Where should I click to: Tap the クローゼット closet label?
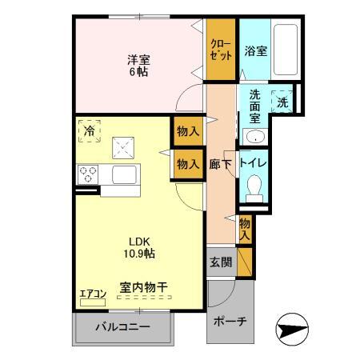coord(222,50)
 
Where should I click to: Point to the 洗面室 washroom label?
coord(255,103)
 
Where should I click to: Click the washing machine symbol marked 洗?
coord(282,102)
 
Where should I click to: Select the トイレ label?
coord(256,163)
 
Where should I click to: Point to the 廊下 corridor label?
coord(222,163)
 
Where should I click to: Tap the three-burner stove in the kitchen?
coord(87,173)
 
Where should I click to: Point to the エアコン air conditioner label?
coord(93,294)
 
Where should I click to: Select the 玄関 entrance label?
coord(221,262)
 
